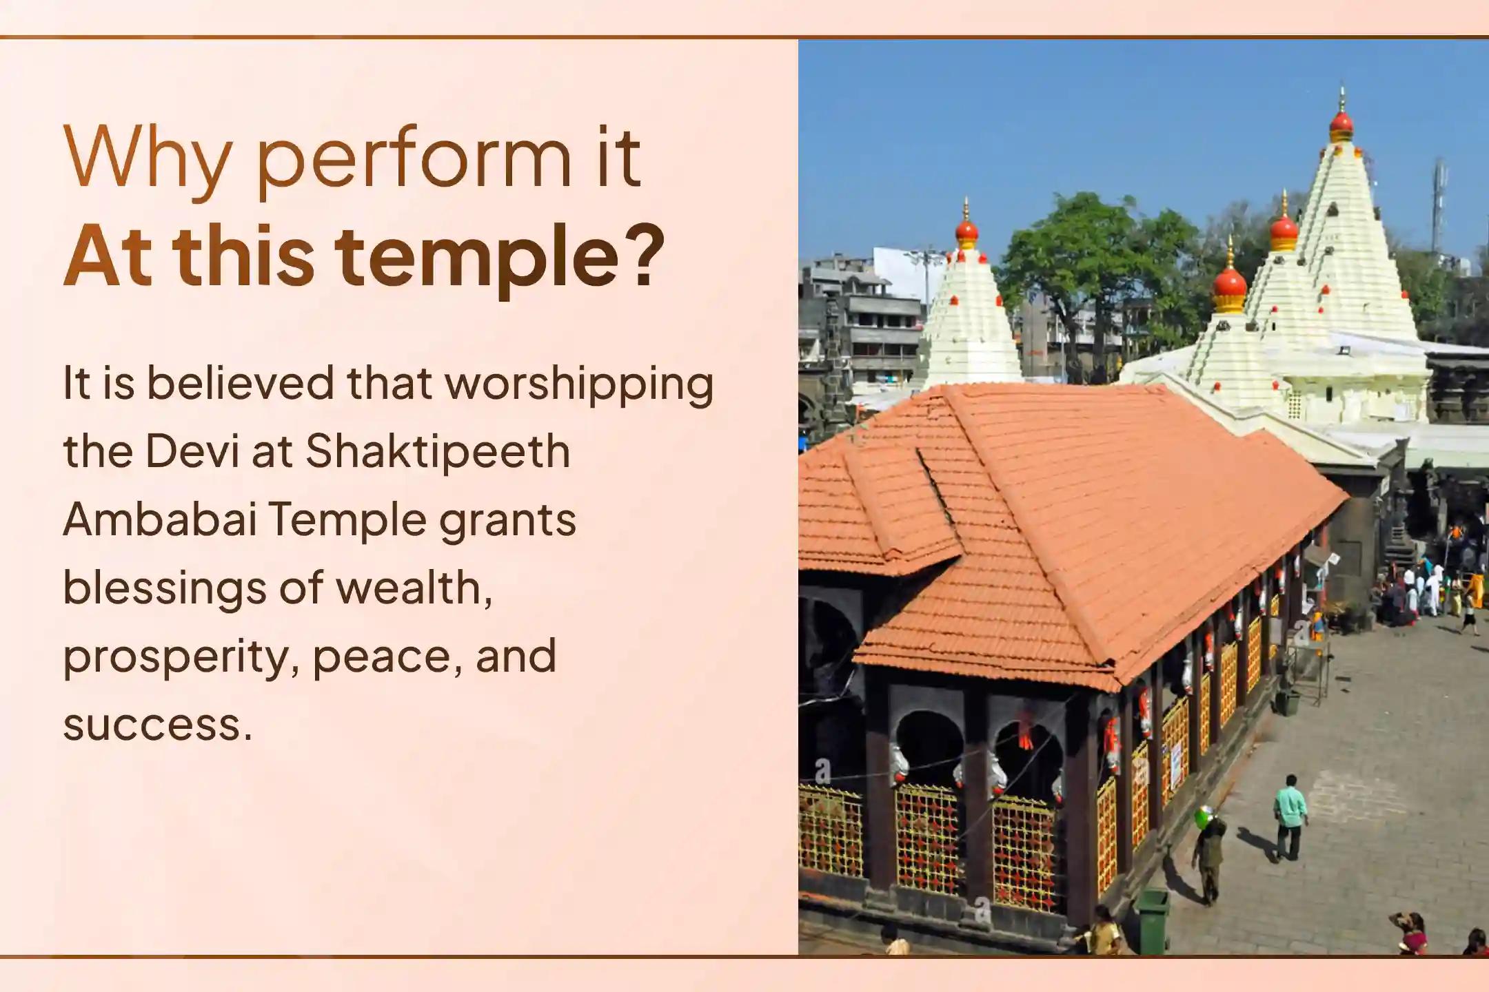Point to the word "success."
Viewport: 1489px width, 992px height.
[157, 725]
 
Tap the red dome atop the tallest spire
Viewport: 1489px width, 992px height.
[1341, 125]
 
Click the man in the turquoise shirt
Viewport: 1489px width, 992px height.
[1290, 817]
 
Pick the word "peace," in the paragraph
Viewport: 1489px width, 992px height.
[383, 658]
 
